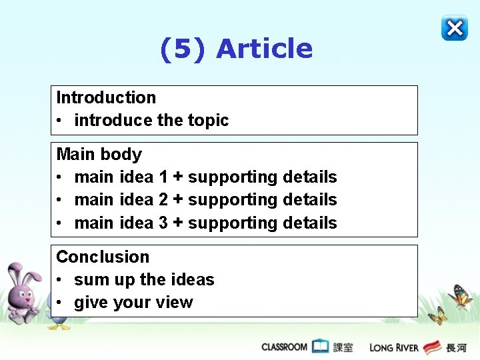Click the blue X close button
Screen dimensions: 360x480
[x=454, y=28]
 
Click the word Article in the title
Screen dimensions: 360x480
[x=265, y=49]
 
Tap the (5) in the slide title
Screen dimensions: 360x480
[x=184, y=49]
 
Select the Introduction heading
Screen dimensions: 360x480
[x=106, y=97]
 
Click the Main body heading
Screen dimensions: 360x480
[x=99, y=154]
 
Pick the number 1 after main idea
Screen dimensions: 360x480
[x=163, y=177]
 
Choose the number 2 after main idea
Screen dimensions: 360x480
[x=163, y=200]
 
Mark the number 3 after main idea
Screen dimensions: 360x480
[x=163, y=223]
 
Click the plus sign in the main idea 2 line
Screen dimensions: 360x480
[x=178, y=200]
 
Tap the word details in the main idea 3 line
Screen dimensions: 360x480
[x=310, y=223]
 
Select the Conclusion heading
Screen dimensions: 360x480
[x=103, y=257]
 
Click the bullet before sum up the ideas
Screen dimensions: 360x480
[x=60, y=280]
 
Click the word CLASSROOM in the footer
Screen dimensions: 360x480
[x=284, y=347]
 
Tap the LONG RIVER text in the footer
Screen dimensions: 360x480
[x=394, y=347]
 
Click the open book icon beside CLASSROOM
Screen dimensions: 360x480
[x=321, y=346]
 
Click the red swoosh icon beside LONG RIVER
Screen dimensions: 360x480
[x=432, y=347]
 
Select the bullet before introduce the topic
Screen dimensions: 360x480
[x=60, y=121]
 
